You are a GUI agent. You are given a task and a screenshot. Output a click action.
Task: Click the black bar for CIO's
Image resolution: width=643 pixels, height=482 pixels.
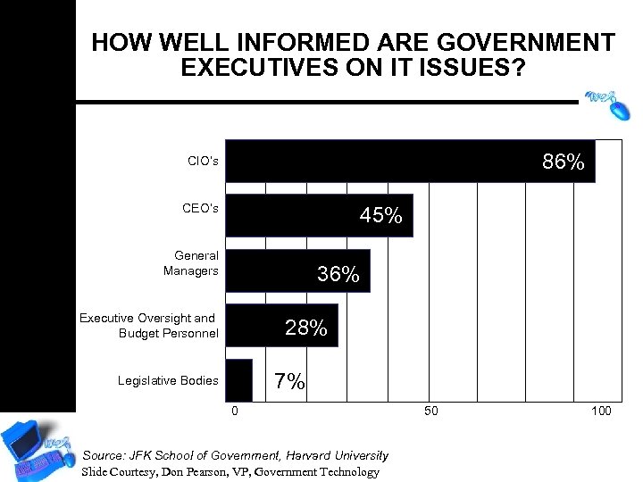tap(384, 162)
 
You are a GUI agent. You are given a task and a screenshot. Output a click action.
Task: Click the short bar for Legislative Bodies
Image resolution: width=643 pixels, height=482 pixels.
tap(238, 380)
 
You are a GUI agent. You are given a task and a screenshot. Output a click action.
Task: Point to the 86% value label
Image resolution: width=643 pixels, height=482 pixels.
tap(564, 162)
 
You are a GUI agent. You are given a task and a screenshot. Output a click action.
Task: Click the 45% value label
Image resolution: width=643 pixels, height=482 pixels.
tap(380, 216)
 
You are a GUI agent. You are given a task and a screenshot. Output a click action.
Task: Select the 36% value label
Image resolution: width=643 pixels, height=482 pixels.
tap(338, 275)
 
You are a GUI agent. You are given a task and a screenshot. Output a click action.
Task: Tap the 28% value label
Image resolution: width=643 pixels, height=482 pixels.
tap(305, 328)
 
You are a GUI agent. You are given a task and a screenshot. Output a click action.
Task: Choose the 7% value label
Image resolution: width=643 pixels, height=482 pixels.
tap(289, 382)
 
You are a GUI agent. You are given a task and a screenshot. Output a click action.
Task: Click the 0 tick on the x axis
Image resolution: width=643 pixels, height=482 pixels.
tap(235, 411)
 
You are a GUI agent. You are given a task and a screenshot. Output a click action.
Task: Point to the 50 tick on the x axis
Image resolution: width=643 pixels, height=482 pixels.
tap(430, 411)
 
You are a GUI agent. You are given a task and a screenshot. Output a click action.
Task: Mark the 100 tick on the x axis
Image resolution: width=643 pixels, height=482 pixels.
tap(601, 411)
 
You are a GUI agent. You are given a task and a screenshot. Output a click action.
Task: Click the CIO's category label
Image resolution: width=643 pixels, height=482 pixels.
tap(203, 162)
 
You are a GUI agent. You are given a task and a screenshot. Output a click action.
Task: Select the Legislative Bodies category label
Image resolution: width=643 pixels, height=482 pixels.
tap(168, 381)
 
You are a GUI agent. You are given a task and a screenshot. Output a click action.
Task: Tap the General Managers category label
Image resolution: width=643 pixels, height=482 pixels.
tap(191, 263)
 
